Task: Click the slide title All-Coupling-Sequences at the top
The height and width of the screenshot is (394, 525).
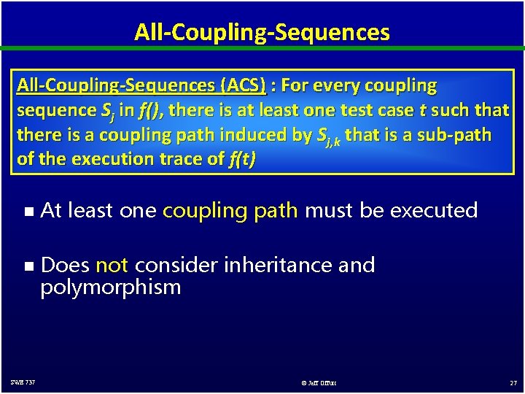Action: point(262,32)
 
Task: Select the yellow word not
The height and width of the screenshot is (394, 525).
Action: point(112,265)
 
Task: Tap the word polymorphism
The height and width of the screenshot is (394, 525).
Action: point(111,287)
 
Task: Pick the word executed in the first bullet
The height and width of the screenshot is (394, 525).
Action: point(435,211)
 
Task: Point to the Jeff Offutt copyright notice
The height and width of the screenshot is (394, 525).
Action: point(318,382)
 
